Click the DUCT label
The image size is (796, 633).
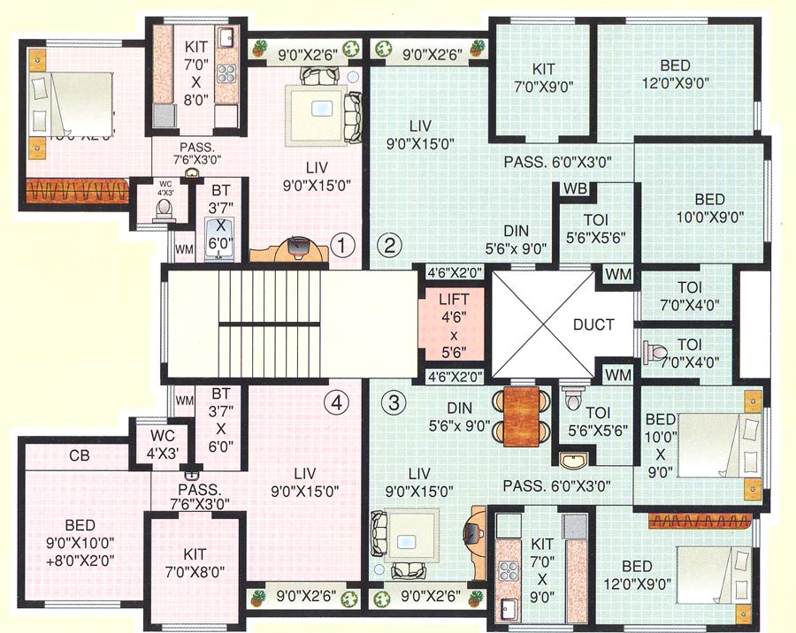tap(593, 324)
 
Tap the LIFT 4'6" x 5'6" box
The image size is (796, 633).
tap(452, 324)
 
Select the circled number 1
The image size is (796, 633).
tap(341, 243)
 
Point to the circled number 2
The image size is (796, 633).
tap(390, 243)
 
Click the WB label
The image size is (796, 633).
tap(574, 190)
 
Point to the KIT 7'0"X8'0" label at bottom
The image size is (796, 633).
tap(195, 562)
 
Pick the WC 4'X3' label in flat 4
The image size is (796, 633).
tap(156, 443)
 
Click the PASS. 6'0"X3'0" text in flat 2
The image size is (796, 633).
tap(569, 162)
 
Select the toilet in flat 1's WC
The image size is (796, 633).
tap(164, 209)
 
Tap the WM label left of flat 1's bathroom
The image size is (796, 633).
tap(184, 250)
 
